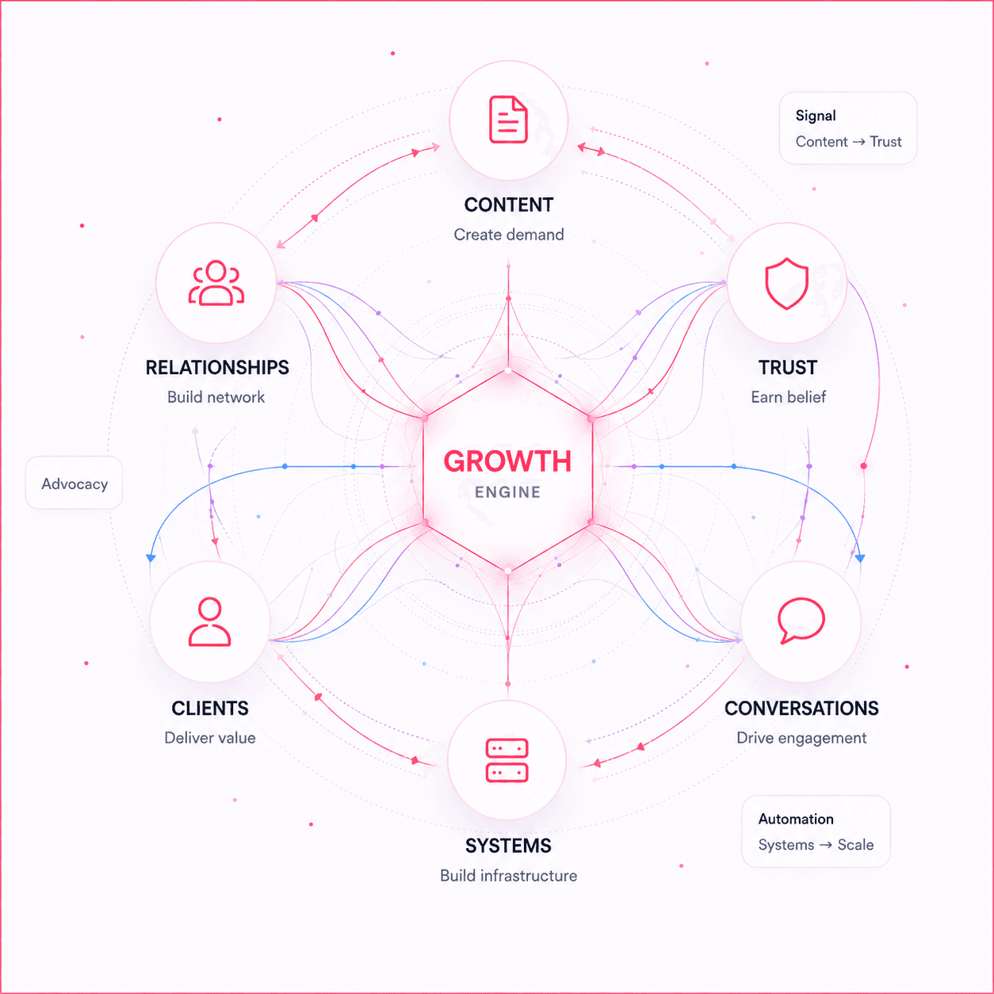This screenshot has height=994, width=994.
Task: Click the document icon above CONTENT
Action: tap(508, 119)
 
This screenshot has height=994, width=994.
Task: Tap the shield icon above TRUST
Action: tap(786, 283)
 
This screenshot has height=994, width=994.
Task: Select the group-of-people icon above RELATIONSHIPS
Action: tap(216, 283)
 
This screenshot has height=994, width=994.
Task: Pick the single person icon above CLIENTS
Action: tap(209, 621)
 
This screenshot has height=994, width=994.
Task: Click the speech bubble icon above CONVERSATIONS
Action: tap(801, 621)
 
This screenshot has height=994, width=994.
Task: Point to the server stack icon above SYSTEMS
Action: tap(507, 760)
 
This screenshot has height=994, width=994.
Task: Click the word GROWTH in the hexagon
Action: tap(507, 461)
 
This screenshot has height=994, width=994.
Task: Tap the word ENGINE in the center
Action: tap(507, 492)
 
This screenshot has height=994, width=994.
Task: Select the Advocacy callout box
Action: tap(74, 483)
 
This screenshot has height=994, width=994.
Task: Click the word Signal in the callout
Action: tap(816, 116)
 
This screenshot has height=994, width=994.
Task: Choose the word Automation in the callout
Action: tap(796, 819)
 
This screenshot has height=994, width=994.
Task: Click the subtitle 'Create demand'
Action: tap(509, 235)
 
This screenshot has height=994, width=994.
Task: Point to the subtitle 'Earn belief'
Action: tap(788, 397)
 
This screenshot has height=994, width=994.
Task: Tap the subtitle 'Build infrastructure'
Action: tap(509, 875)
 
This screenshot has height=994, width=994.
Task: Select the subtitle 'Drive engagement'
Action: tap(801, 738)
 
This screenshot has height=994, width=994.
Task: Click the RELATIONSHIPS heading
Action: tap(217, 368)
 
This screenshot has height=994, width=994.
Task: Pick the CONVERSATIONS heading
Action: tap(801, 708)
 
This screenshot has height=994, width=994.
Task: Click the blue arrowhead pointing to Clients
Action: tap(151, 557)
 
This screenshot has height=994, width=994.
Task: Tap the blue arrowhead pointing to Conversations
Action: tap(860, 557)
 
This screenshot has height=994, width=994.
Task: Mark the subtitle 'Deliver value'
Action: tap(210, 738)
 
